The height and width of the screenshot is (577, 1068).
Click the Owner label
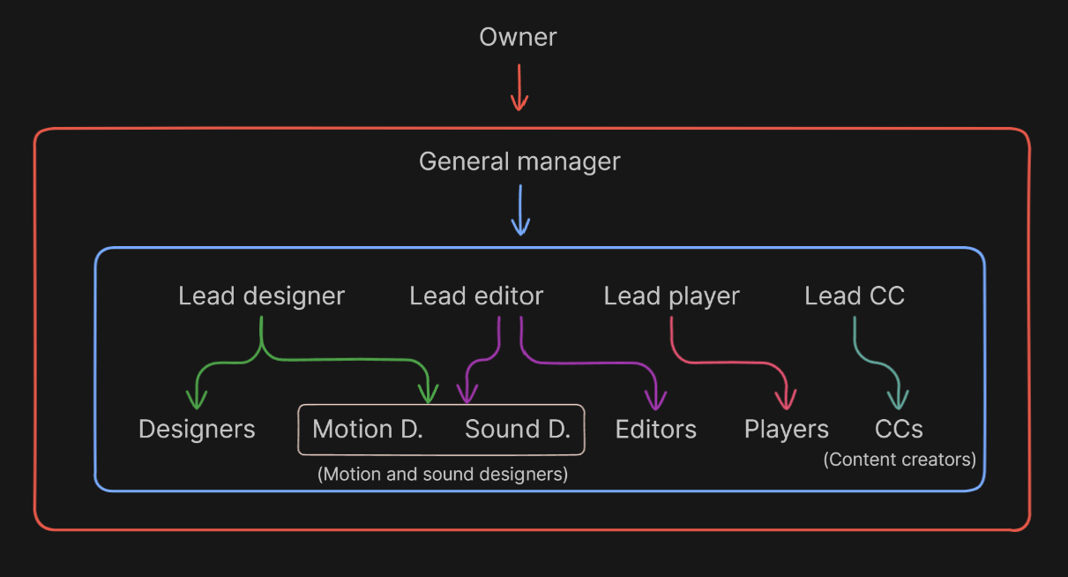[518, 37]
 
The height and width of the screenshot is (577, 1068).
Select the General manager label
[519, 162]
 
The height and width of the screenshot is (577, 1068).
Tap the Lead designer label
[261, 296]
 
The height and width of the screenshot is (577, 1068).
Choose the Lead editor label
[476, 296]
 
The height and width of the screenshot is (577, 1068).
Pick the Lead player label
[671, 296]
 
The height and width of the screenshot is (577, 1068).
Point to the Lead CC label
[854, 296]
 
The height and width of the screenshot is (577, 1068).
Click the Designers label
[197, 430]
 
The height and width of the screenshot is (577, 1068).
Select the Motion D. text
[368, 430]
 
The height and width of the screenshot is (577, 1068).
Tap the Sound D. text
[518, 430]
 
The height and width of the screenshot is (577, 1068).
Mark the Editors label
[655, 430]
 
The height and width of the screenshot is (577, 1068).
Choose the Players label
[786, 430]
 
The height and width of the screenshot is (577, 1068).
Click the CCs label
[899, 430]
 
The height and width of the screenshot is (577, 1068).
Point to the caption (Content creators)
[900, 460]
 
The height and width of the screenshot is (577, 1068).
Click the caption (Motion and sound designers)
[442, 474]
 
